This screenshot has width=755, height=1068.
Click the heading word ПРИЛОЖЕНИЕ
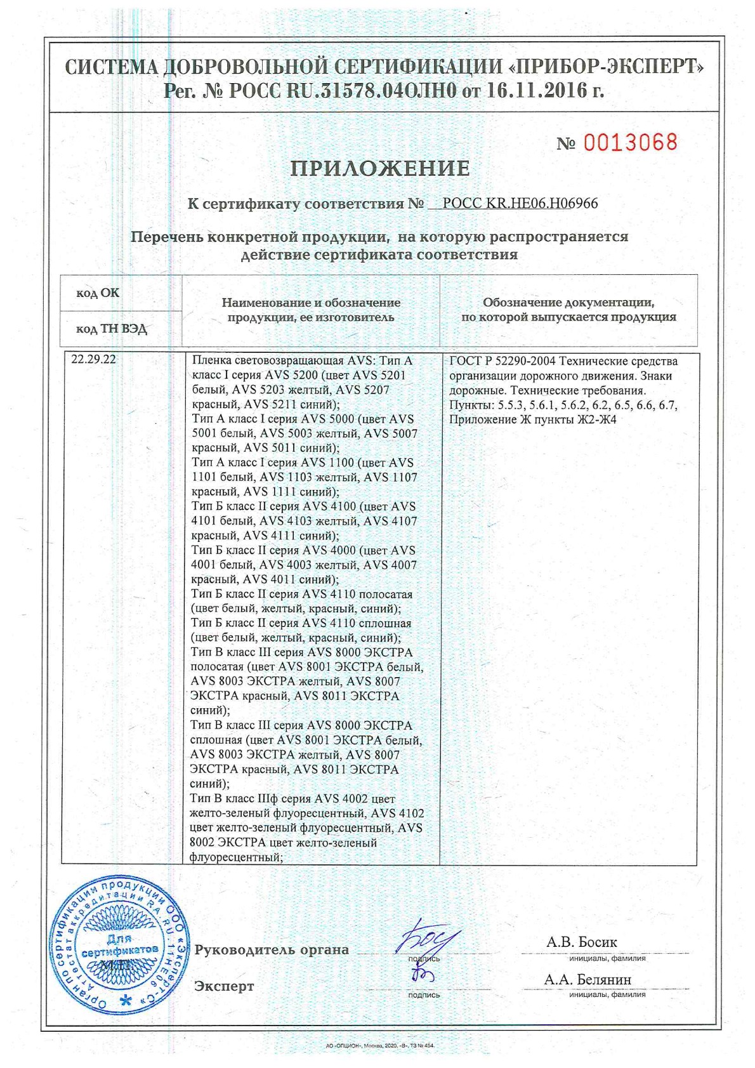click(380, 169)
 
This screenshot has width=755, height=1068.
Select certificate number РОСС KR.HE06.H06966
click(520, 204)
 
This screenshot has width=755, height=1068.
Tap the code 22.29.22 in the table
click(93, 360)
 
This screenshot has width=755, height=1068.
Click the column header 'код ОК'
click(98, 293)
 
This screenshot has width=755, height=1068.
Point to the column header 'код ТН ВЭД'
click(111, 329)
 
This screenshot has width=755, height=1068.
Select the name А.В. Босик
click(581, 942)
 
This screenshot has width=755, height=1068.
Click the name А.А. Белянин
click(588, 980)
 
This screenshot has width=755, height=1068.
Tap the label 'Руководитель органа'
click(272, 950)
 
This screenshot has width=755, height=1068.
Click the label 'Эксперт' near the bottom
click(224, 986)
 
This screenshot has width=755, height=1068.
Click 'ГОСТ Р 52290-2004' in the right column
click(502, 362)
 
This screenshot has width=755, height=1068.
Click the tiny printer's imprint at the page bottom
click(377, 1045)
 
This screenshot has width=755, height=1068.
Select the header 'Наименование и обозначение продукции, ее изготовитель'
click(311, 310)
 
